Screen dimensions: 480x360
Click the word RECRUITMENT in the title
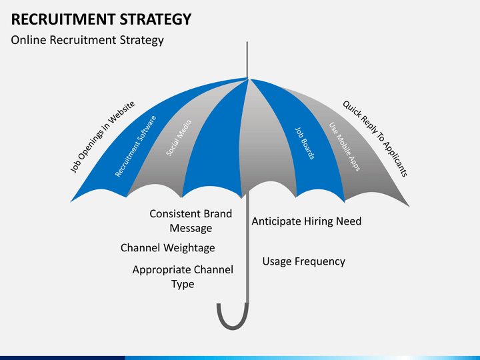click(63, 19)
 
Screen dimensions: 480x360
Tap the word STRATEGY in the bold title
click(155, 19)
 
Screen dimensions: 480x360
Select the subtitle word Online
click(29, 40)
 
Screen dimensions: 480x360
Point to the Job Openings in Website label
click(102, 137)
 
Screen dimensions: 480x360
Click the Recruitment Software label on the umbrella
click(135, 146)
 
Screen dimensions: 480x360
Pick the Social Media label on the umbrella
click(179, 138)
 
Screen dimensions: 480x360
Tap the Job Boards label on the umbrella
click(305, 143)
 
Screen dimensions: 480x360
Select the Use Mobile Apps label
click(345, 146)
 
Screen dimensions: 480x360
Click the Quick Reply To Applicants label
click(375, 139)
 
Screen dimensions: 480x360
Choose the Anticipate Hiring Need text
click(307, 221)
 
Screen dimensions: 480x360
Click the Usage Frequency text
click(304, 261)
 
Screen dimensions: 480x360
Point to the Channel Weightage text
click(168, 248)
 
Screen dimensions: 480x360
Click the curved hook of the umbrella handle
click(233, 321)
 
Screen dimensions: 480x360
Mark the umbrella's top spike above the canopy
click(247, 60)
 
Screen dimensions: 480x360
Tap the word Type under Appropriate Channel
click(183, 285)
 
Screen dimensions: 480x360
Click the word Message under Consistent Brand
click(191, 228)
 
